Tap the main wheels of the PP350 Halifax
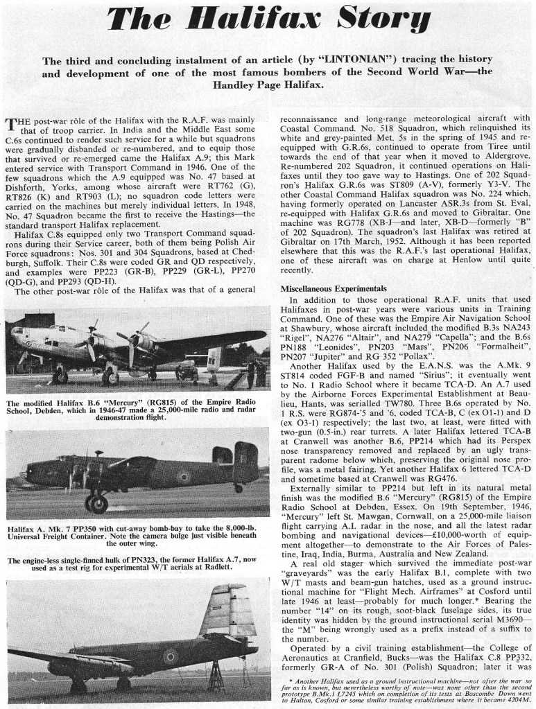(x=96, y=502)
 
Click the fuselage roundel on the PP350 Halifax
(x=184, y=477)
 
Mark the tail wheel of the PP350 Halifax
(x=238, y=488)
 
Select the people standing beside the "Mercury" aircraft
(x=255, y=374)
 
